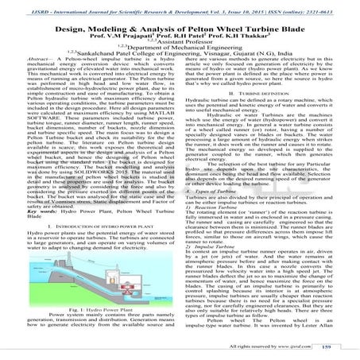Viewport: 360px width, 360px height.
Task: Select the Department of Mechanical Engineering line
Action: (181, 51)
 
